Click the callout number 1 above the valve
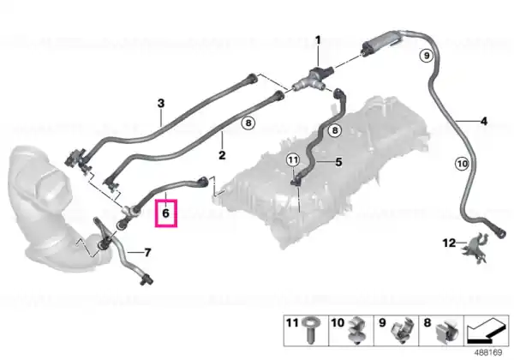(x=318, y=40)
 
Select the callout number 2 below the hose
(x=222, y=155)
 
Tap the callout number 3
(x=161, y=104)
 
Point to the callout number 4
(x=484, y=122)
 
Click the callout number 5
(x=338, y=162)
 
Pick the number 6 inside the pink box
(x=166, y=213)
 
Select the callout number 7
(x=148, y=253)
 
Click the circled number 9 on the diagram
(x=427, y=55)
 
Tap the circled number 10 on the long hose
(x=462, y=163)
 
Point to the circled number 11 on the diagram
(x=293, y=160)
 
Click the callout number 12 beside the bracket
(x=449, y=243)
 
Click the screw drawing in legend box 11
(x=309, y=331)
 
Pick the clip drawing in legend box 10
(x=356, y=331)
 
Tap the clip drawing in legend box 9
(x=402, y=331)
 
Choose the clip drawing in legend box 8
(x=447, y=332)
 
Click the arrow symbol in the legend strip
(x=487, y=331)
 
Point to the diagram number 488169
(x=488, y=353)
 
